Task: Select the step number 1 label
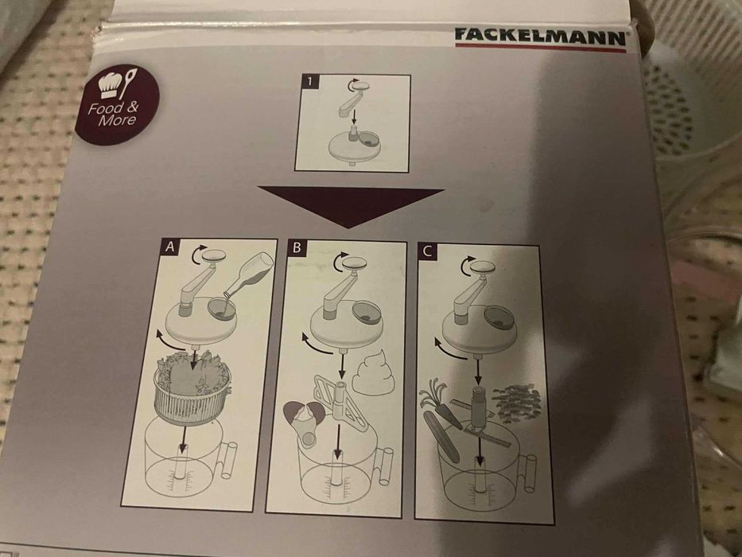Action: click(x=309, y=82)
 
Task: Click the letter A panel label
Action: click(x=168, y=248)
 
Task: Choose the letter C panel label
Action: click(x=428, y=253)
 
